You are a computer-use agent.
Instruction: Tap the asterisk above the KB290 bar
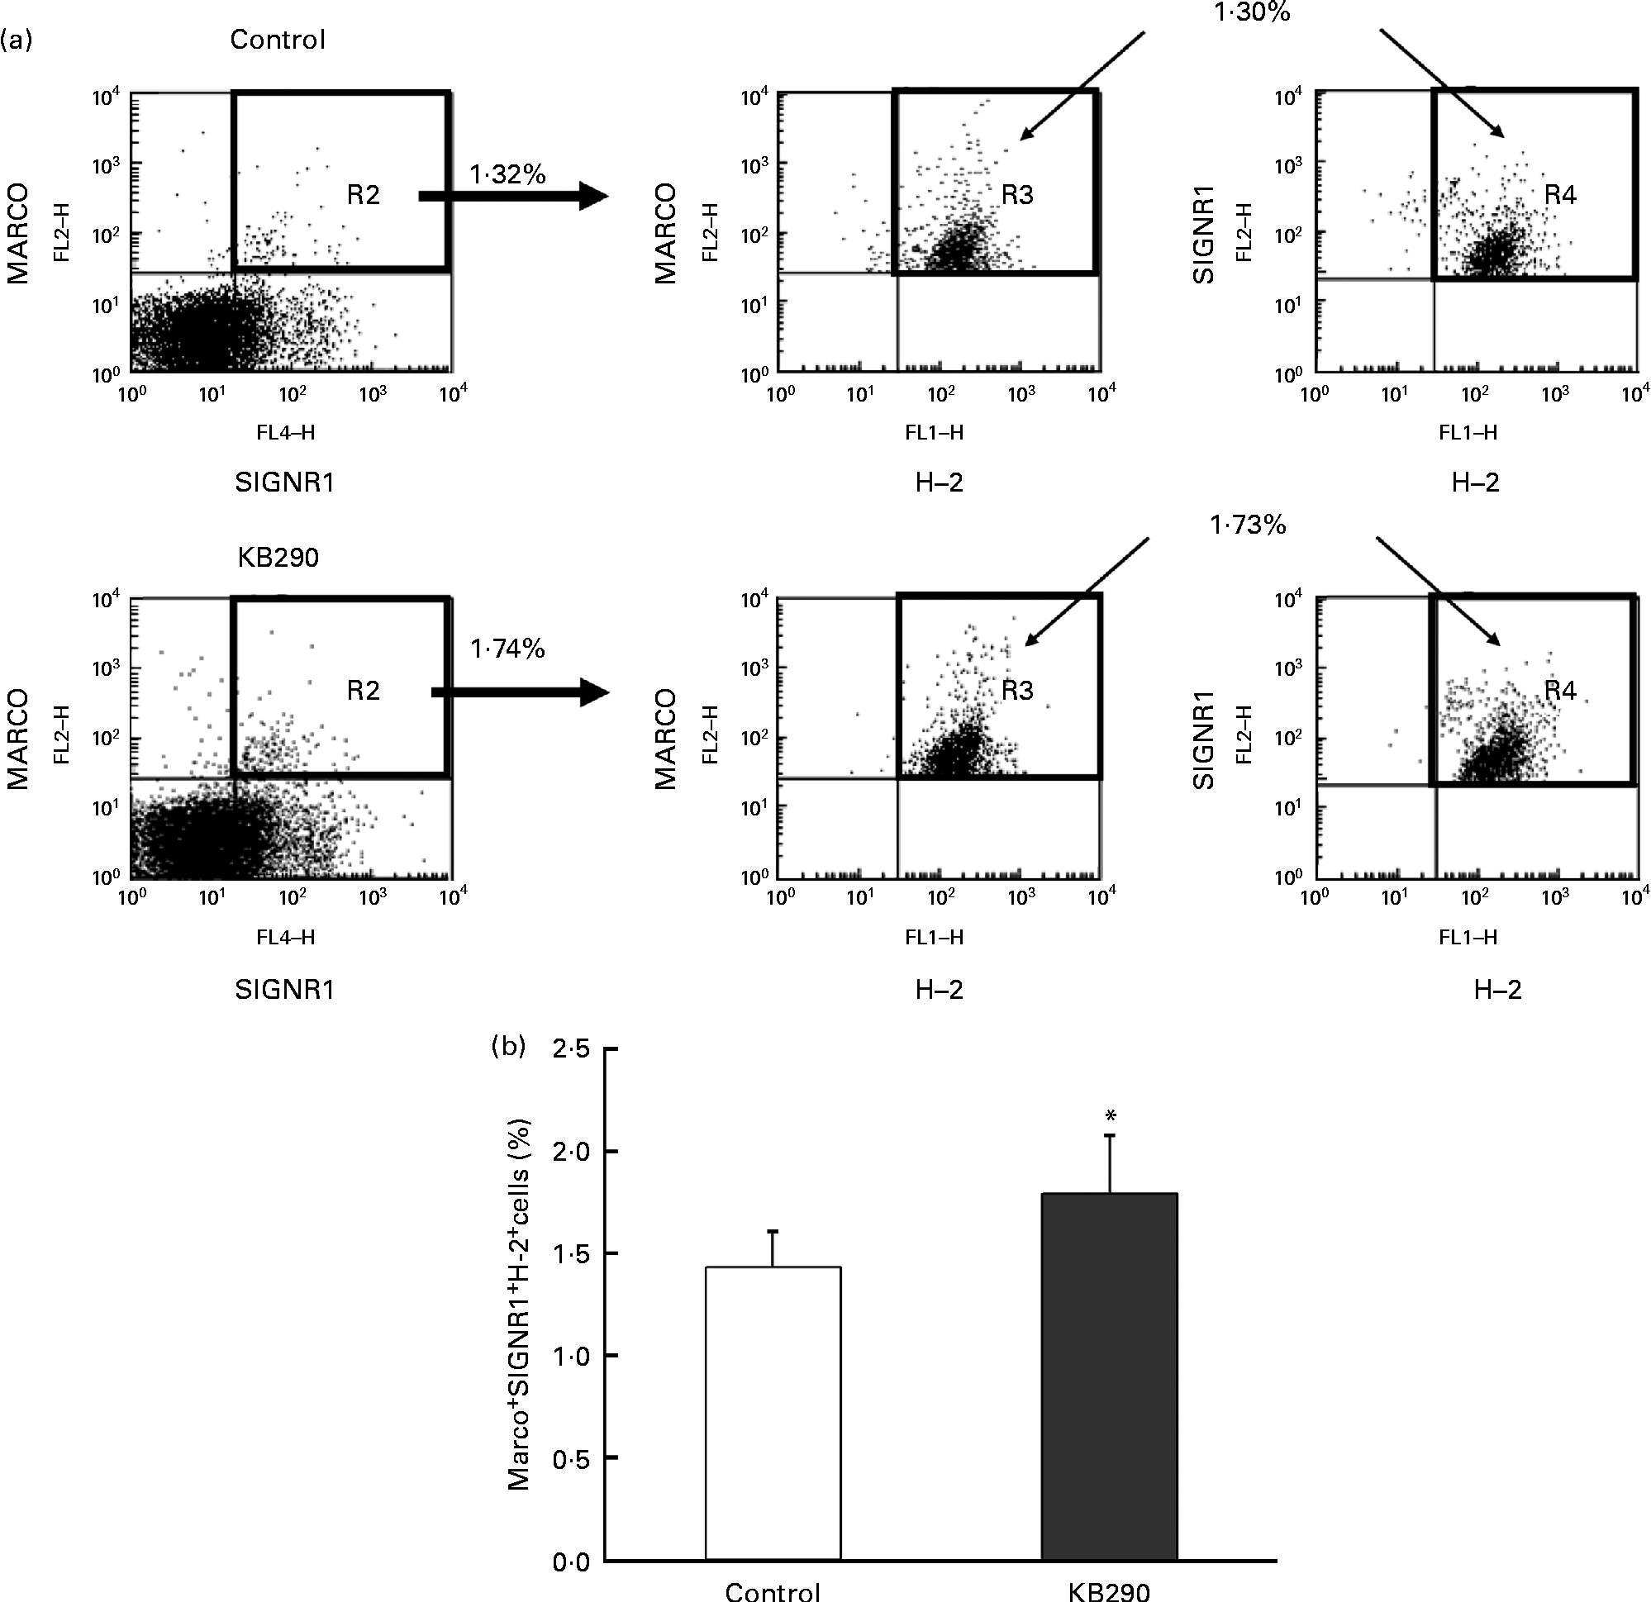click(x=1111, y=1117)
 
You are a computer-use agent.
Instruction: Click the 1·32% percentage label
click(x=507, y=174)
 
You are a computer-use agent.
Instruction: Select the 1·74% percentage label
click(x=507, y=649)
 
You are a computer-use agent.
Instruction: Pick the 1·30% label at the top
click(x=1252, y=12)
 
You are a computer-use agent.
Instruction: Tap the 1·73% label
click(x=1248, y=525)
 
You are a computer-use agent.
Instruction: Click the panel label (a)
click(x=16, y=40)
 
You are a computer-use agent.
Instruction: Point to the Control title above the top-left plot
click(x=277, y=40)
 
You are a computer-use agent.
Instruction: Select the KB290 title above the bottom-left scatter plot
click(x=278, y=558)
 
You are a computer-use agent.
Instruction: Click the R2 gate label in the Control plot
click(x=363, y=196)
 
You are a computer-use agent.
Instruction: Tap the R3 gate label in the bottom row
click(x=1016, y=691)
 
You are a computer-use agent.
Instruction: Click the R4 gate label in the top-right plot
click(x=1560, y=196)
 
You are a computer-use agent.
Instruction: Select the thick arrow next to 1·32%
click(x=513, y=197)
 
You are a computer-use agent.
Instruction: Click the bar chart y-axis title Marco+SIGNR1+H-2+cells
click(x=520, y=1305)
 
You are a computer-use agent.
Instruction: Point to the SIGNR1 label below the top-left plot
click(x=285, y=483)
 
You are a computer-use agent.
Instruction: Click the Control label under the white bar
click(x=773, y=1590)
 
